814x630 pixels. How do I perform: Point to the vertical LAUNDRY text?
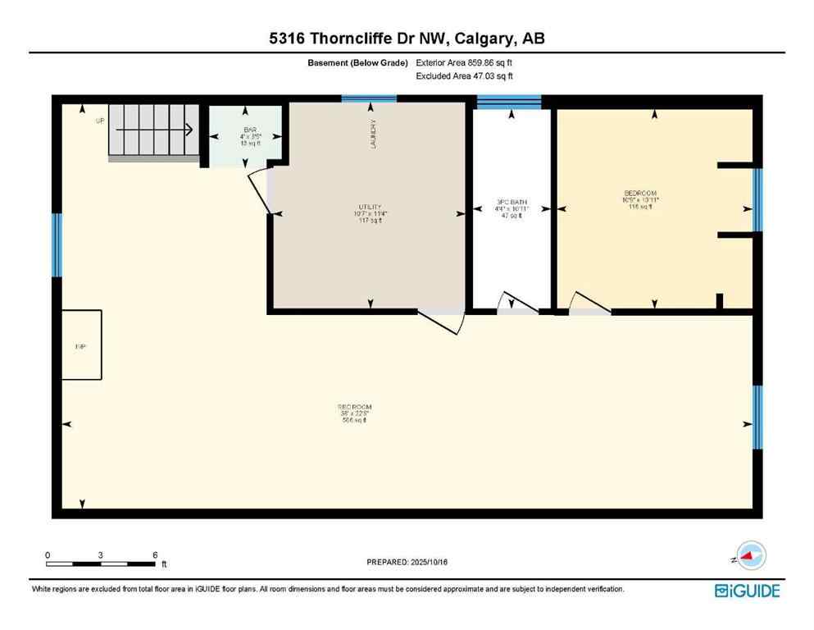372,133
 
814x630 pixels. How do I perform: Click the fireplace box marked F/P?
81,345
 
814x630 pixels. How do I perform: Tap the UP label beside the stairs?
100,121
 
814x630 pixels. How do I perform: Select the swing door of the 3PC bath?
517,304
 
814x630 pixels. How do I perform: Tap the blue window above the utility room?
369,98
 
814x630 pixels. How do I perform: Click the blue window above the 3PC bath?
508,102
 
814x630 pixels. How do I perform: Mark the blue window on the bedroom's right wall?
757,200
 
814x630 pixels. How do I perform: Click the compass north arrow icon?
748,556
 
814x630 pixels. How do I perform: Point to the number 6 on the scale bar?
155,555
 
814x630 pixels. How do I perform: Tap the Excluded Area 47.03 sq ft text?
465,76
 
